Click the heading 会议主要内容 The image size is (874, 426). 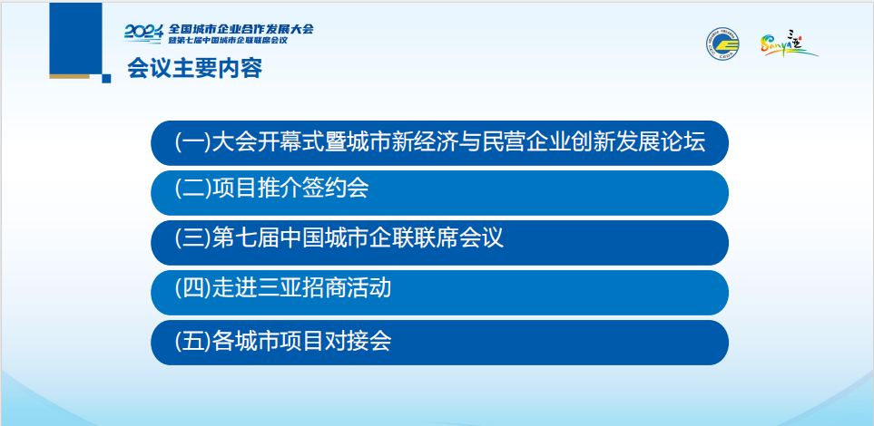click(x=194, y=69)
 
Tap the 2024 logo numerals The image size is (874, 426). click(x=143, y=33)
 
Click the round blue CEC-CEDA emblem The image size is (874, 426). click(x=722, y=44)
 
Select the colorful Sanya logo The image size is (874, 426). click(x=788, y=44)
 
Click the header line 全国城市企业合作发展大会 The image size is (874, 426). click(x=241, y=29)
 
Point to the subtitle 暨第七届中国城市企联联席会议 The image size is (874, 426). click(x=228, y=41)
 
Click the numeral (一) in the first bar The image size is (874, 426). click(x=192, y=141)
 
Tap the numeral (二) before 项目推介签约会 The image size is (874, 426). click(x=192, y=189)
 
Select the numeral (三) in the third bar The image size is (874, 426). click(x=192, y=237)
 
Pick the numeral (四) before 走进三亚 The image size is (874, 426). click(x=192, y=288)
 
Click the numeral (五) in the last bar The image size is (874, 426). click(x=192, y=340)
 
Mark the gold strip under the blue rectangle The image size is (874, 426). click(x=69, y=76)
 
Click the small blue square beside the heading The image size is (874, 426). click(x=106, y=79)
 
